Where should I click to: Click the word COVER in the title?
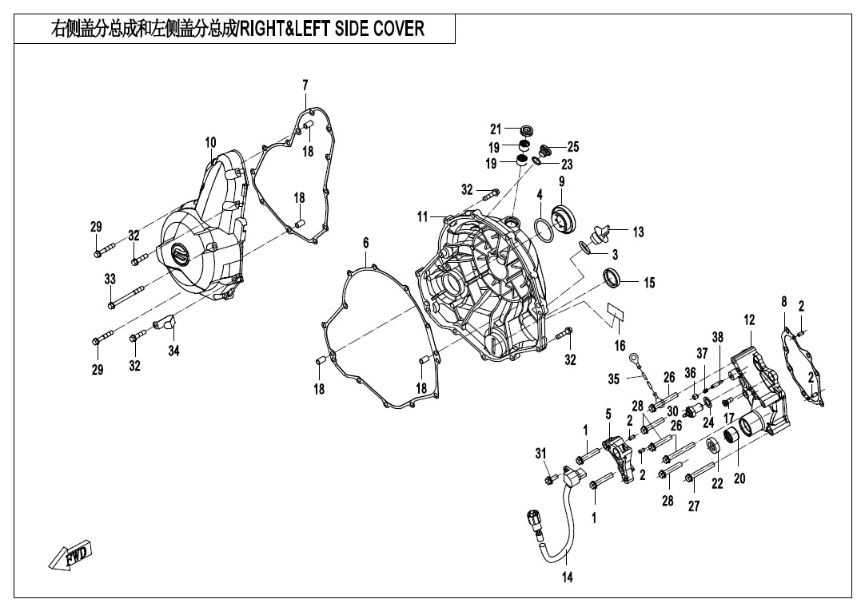(399, 28)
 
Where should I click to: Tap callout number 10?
(211, 143)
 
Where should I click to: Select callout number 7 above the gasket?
(305, 85)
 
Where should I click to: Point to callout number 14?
(567, 577)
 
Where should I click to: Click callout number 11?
(422, 217)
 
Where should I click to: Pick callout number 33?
(110, 279)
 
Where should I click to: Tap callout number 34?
(173, 351)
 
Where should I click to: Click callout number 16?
(620, 346)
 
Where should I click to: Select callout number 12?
(749, 320)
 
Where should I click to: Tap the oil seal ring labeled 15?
(613, 277)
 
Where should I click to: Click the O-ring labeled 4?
(544, 230)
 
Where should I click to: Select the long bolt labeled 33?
(126, 296)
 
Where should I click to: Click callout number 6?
(366, 243)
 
